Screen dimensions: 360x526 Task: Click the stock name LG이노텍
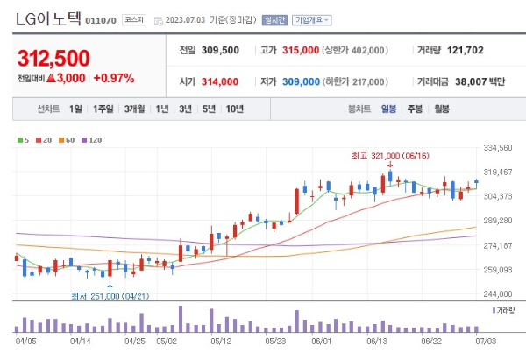click(47, 17)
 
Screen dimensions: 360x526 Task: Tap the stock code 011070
click(101, 19)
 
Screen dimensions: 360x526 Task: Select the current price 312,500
click(53, 59)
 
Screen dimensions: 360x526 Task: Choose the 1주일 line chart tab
click(103, 109)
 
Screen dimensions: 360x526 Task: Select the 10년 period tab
click(234, 109)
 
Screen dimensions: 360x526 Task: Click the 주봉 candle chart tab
click(415, 109)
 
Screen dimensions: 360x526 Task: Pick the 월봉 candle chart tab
click(441, 109)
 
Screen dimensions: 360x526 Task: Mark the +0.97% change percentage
click(113, 79)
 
